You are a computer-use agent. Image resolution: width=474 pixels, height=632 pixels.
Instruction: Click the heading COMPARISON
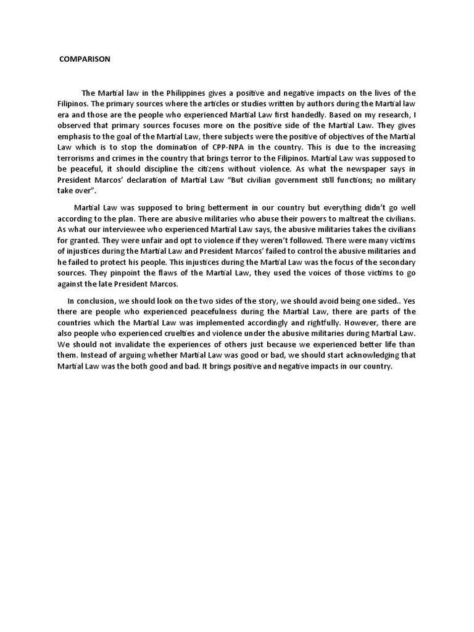(x=85, y=60)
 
